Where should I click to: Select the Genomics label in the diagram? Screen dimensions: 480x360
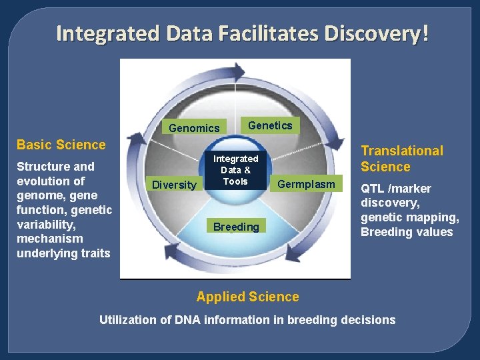[x=194, y=128]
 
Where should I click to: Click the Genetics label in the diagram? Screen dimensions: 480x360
[x=270, y=125]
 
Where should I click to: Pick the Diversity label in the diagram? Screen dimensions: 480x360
[x=175, y=185]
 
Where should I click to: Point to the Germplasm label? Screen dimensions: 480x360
[x=306, y=183]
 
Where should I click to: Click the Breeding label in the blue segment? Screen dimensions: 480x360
[x=236, y=227]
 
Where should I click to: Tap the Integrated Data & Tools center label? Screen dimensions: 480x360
[x=235, y=170]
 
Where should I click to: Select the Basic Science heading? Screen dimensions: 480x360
[x=61, y=145]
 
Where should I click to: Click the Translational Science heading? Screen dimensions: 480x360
[x=401, y=159]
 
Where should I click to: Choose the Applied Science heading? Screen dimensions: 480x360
[x=247, y=297]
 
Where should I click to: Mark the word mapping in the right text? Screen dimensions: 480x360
[x=435, y=217]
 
